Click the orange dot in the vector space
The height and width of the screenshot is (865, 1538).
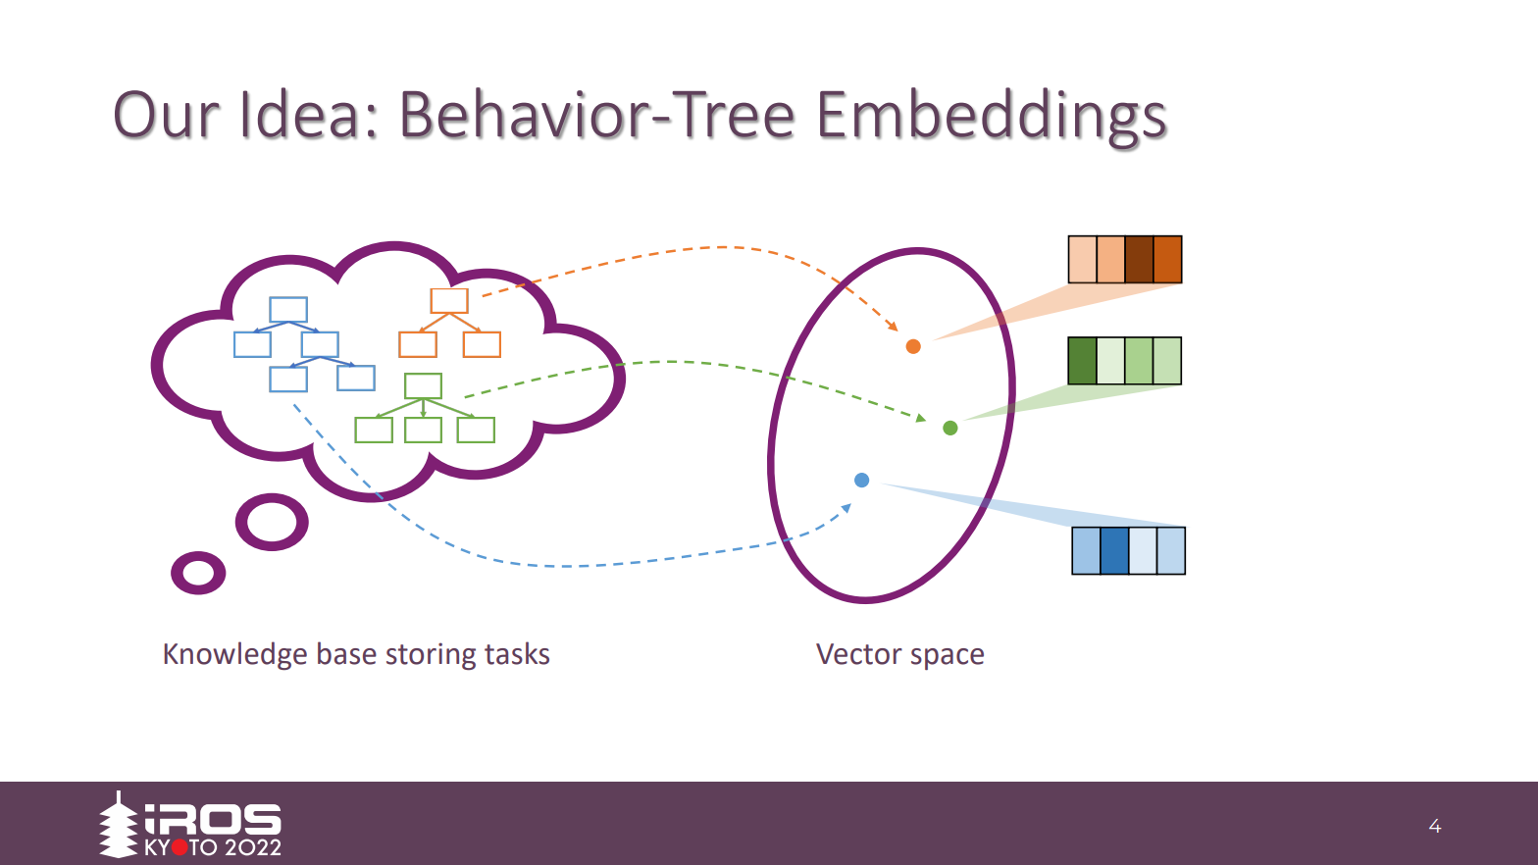913,346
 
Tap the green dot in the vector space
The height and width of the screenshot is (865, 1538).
949,428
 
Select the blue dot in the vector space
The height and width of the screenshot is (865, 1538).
861,480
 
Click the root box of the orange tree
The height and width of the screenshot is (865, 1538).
449,300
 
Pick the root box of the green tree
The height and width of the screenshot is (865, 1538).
423,385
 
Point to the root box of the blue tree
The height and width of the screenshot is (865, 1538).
288,310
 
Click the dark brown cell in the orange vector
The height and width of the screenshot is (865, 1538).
1139,259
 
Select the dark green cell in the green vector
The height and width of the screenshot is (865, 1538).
1082,361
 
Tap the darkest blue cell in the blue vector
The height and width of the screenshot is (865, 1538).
1114,550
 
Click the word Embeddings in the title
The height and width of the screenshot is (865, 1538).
991,116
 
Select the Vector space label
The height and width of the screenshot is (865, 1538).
899,654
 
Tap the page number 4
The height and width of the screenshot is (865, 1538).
1434,826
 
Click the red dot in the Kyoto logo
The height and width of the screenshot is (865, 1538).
179,847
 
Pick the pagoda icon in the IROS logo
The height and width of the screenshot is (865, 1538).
119,825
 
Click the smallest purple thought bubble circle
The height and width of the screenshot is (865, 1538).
198,573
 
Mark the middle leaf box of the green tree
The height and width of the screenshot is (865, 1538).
423,430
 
